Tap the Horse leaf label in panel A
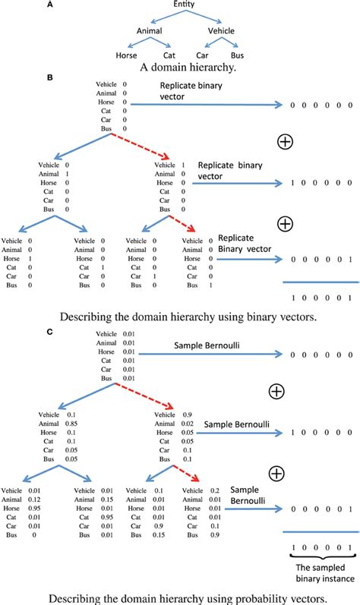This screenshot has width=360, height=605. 125,55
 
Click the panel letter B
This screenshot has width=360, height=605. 49,77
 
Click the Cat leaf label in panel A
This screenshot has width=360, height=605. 169,55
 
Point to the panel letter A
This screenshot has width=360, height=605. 49,5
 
